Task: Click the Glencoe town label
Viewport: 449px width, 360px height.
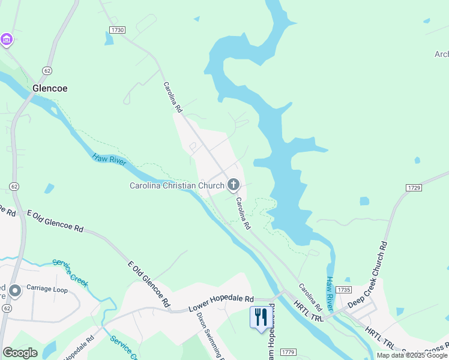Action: pyautogui.click(x=49, y=88)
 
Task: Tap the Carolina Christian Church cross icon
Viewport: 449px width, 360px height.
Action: pyautogui.click(x=233, y=185)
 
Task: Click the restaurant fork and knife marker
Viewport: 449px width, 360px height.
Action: pyautogui.click(x=260, y=316)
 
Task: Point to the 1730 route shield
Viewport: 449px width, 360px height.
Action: pyautogui.click(x=118, y=29)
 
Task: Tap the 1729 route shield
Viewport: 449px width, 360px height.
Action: pyautogui.click(x=414, y=188)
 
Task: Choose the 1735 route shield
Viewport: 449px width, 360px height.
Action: pyautogui.click(x=343, y=290)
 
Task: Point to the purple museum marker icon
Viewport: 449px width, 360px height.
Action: pyautogui.click(x=7, y=40)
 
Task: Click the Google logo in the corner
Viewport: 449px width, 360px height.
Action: pyautogui.click(x=20, y=353)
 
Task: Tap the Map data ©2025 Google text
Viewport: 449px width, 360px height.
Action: pyautogui.click(x=412, y=355)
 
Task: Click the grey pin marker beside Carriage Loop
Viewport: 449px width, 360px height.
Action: pyautogui.click(x=15, y=290)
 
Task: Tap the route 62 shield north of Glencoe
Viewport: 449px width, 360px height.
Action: pyautogui.click(x=46, y=71)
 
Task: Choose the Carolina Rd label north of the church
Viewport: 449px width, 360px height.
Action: pyautogui.click(x=173, y=98)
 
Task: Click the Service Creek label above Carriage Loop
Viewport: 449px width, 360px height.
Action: pyautogui.click(x=70, y=271)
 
